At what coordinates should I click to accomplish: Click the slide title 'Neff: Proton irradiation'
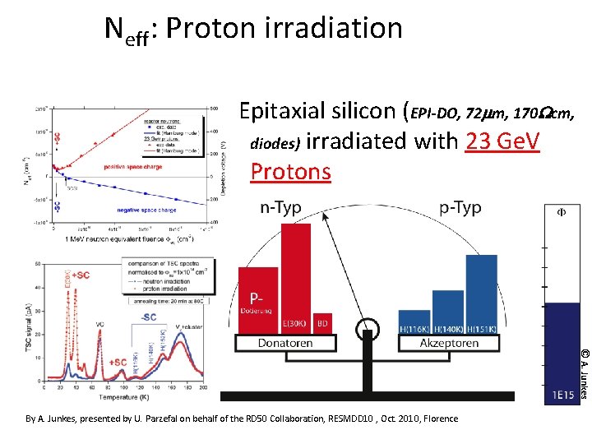click(253, 30)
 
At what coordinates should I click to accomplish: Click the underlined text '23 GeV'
click(502, 141)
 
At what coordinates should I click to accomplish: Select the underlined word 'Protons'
click(290, 171)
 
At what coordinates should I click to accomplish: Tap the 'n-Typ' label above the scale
click(281, 208)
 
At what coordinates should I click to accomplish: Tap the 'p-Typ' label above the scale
click(460, 208)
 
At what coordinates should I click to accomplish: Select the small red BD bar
click(323, 322)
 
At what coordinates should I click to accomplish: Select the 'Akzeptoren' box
click(449, 343)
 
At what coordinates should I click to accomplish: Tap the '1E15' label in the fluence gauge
click(562, 395)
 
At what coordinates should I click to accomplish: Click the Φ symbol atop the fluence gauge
click(562, 211)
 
